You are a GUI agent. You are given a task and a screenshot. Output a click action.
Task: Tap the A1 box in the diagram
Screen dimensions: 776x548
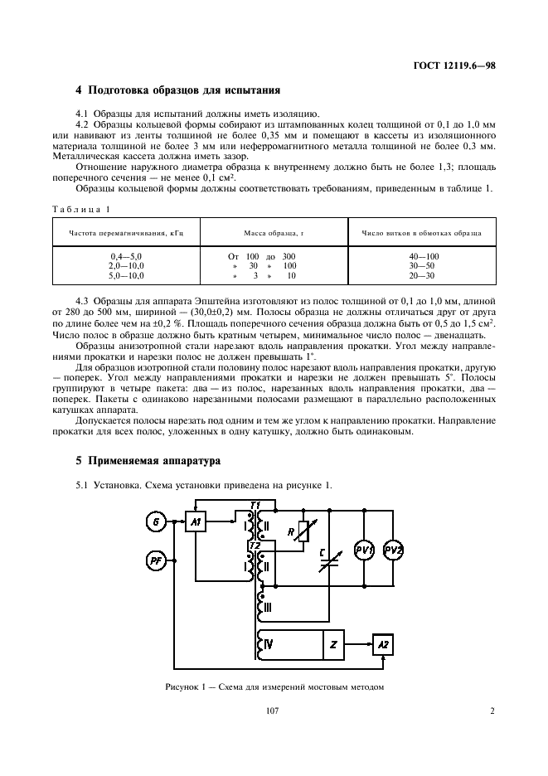click(x=195, y=521)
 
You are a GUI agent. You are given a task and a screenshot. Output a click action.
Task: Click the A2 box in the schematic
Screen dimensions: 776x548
click(x=381, y=645)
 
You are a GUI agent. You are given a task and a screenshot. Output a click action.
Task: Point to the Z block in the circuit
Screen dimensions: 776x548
click(x=333, y=645)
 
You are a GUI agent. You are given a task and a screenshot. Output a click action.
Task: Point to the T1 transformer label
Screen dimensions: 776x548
click(x=255, y=505)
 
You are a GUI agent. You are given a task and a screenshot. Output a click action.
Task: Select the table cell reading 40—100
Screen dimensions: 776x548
click(x=424, y=257)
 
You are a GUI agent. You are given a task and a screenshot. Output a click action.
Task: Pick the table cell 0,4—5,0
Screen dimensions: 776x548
click(x=126, y=257)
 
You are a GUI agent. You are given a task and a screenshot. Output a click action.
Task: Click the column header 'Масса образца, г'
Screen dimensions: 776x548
click(x=274, y=234)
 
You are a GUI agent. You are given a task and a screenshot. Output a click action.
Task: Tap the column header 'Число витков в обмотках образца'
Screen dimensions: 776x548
click(x=424, y=234)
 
